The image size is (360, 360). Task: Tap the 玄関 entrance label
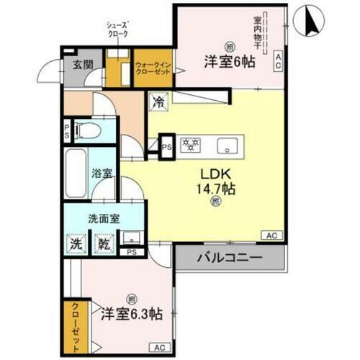tap(83, 64)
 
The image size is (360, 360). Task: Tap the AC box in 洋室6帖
tap(278, 62)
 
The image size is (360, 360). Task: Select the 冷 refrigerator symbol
tap(157, 103)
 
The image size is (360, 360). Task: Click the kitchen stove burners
tap(190, 145)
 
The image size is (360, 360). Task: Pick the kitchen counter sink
tap(229, 145)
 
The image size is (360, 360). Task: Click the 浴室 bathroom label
tap(102, 173)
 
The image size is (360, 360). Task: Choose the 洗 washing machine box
tap(76, 243)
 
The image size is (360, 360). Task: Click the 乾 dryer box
tap(104, 243)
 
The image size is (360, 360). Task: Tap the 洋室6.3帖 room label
tap(131, 314)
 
